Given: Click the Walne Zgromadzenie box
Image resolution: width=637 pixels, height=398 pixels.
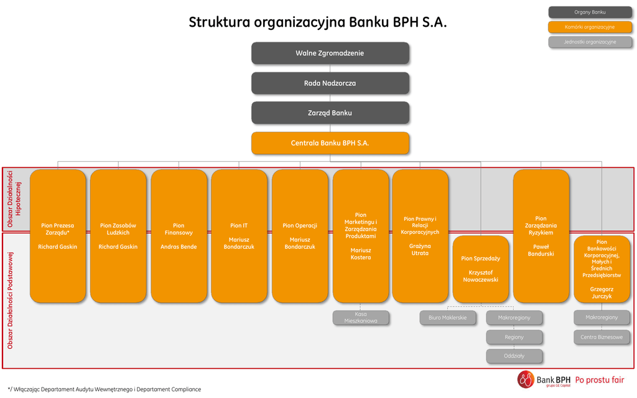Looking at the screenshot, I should (x=330, y=53).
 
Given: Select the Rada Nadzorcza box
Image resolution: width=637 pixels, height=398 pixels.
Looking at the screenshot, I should (x=330, y=83).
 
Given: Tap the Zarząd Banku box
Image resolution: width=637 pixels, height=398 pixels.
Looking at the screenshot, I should (x=330, y=113).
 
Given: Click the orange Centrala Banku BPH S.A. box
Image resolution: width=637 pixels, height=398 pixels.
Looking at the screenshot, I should (x=330, y=143).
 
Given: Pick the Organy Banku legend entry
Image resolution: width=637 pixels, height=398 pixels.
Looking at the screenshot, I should (x=590, y=12).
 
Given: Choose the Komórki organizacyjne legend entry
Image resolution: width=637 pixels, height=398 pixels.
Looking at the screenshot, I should (x=590, y=27).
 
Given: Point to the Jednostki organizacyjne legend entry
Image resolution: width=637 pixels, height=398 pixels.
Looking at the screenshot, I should (x=590, y=42).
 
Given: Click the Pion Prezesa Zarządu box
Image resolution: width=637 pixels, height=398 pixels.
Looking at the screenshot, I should (x=58, y=236).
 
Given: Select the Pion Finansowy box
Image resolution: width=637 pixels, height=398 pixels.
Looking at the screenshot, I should (x=179, y=236).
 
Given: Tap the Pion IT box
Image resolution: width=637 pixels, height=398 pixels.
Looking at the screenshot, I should (x=239, y=236).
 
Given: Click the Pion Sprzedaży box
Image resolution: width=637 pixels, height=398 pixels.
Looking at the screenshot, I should (x=480, y=269).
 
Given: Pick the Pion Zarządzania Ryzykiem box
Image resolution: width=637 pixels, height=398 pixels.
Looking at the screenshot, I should (x=541, y=236).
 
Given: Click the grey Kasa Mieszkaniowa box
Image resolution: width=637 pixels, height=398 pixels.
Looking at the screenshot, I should (x=361, y=318).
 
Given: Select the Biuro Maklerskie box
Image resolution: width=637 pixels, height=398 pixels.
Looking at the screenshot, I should (x=448, y=318).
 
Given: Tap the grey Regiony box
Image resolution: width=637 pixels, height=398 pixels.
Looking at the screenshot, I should (x=514, y=337).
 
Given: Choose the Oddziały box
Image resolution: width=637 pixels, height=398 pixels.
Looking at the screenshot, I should (x=514, y=356).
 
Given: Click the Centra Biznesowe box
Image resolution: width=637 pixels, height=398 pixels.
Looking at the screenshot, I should (x=602, y=337).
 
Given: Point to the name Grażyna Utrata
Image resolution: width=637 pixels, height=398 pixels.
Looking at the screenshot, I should (x=420, y=249).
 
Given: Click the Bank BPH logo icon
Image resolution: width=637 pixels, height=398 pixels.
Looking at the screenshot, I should (x=526, y=379).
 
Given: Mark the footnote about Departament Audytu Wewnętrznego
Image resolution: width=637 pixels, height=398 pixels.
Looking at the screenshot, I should (x=105, y=389).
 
